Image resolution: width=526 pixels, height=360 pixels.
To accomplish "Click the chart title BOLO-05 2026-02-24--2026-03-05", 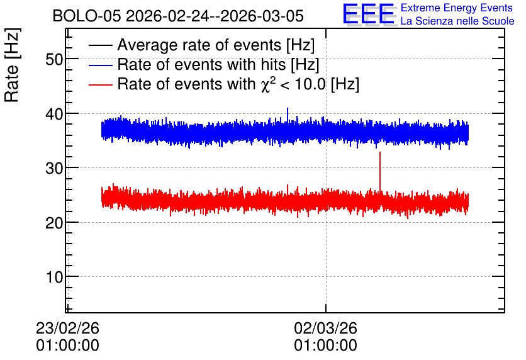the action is click(x=178, y=16).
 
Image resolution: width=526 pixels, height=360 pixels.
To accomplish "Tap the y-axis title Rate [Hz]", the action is click(x=12, y=65).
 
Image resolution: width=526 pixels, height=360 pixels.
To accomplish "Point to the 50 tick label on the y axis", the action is click(x=54, y=60).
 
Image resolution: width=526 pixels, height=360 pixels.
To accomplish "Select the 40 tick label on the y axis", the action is click(x=54, y=115).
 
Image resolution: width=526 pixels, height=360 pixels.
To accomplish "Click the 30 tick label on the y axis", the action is click(x=54, y=169).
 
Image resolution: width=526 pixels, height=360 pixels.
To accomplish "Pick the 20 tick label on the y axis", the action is click(x=54, y=223).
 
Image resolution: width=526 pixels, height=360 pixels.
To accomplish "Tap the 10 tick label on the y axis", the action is click(x=54, y=278).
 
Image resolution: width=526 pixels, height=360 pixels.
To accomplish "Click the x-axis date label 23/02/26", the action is click(x=67, y=328).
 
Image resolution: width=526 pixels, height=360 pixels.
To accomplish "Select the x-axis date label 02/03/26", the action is click(x=325, y=328).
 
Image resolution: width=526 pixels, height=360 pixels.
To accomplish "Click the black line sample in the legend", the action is click(x=100, y=45).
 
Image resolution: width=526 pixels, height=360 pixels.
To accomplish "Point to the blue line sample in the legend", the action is click(x=100, y=65).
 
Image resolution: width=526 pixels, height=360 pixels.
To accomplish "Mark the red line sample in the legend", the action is click(x=100, y=84).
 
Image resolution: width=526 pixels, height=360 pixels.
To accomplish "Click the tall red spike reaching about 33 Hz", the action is click(x=380, y=172).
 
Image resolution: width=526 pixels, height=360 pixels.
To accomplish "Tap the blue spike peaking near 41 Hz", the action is click(x=288, y=115).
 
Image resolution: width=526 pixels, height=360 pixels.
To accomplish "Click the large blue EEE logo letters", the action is click(x=369, y=14).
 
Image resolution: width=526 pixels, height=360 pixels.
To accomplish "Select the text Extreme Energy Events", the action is click(x=457, y=8).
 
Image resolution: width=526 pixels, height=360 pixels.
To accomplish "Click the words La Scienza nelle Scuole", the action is click(x=457, y=21).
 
